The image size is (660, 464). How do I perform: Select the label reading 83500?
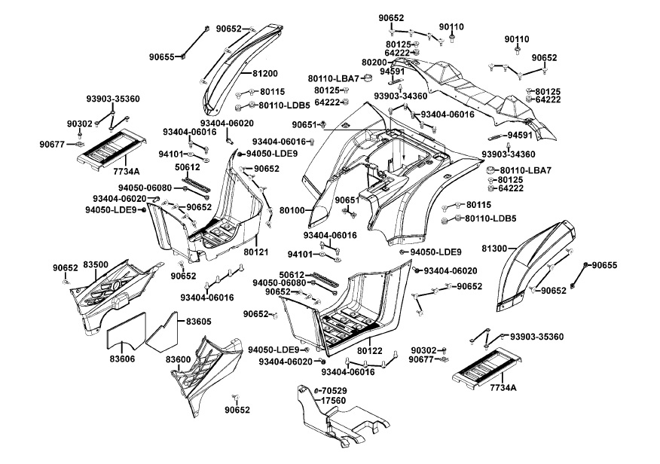[96, 265]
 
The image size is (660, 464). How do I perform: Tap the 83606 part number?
[121, 359]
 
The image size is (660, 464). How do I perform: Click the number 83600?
[179, 359]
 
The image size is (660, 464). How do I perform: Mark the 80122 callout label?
[370, 350]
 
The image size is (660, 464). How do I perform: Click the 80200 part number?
[374, 63]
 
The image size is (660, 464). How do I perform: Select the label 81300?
[494, 248]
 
